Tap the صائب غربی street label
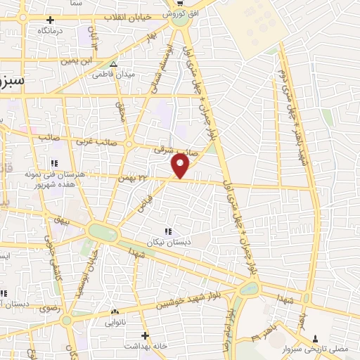point(98,142)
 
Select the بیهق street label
point(63,221)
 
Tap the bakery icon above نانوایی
point(114,311)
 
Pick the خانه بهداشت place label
point(145,346)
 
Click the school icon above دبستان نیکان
point(167,231)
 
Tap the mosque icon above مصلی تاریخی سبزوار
point(314,339)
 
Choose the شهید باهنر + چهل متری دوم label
point(288,105)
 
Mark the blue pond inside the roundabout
point(250,288)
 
